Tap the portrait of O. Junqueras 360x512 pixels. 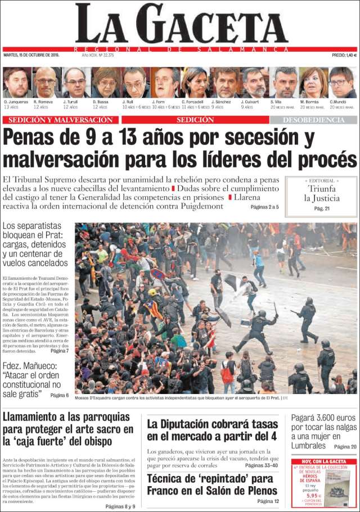pos(15,83)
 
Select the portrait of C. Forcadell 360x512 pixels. pos(194,83)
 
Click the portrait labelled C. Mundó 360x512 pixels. pos(341,83)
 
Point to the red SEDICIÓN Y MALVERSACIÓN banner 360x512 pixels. pos(61,120)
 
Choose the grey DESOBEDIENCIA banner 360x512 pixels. pos(313,120)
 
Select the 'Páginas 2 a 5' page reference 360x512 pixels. pos(264,207)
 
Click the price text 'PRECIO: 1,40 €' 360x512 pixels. pos(344,55)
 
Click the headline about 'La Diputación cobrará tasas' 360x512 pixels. pos(212,430)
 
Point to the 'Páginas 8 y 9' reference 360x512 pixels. pos(120,506)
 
